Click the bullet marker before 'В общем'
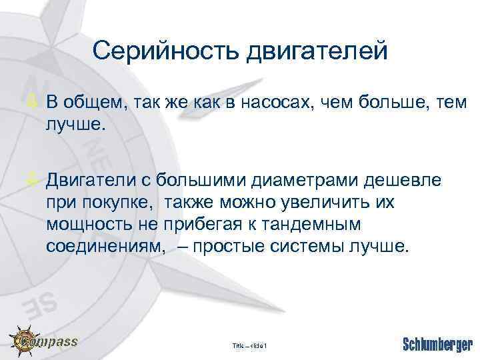pyautogui.click(x=37, y=102)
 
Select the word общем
pyautogui.click(x=88, y=103)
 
